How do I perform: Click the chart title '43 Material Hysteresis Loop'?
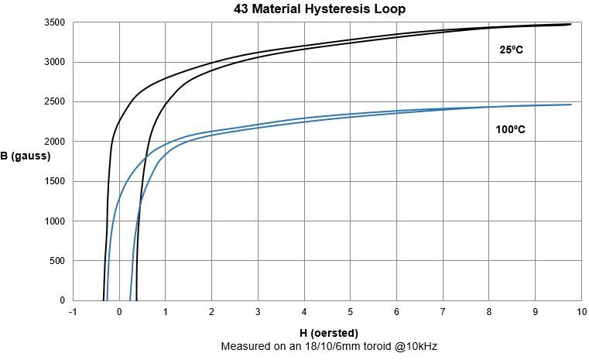pos(320,9)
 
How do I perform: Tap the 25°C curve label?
pos(512,50)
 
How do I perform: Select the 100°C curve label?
pos(510,130)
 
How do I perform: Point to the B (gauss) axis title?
pos(26,156)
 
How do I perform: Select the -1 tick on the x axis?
pos(73,312)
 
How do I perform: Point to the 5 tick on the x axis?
pos(351,312)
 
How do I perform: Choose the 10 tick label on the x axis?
pos(581,312)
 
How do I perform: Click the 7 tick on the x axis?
pos(443,312)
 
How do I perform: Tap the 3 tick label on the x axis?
pos(258,312)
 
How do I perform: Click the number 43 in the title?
pos(241,9)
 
